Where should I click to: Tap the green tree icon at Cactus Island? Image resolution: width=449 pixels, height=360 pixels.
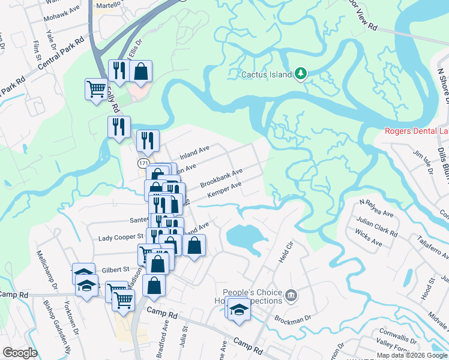coord(301,74)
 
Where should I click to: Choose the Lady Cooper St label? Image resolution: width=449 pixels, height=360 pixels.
coord(121,238)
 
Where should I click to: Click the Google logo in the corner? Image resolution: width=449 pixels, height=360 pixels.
coord(20,352)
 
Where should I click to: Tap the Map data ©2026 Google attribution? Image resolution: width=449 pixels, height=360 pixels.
coord(411,355)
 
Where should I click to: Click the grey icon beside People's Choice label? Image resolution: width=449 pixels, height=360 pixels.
coord(291,295)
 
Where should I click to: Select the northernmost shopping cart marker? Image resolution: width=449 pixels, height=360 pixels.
coord(96,89)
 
